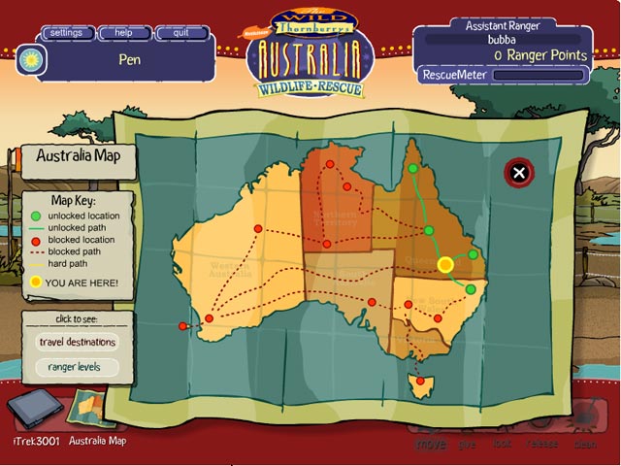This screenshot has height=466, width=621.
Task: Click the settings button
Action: point(66,32)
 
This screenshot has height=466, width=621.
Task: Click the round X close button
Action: point(519,173)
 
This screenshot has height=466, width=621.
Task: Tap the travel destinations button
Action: point(77,342)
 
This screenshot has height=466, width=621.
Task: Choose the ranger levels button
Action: point(77,367)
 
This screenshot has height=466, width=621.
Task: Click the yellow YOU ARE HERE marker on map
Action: point(445,264)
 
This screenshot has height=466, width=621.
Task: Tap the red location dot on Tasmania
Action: point(419,381)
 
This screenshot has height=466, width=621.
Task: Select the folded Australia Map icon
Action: point(94,408)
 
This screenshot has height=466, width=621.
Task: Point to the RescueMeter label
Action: point(445,74)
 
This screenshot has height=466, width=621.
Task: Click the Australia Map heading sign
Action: point(78,155)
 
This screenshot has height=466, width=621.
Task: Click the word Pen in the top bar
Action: point(130,58)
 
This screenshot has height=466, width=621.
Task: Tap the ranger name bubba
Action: point(501,40)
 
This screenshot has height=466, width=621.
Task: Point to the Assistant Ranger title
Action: point(501,25)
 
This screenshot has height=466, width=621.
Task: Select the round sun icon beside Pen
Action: point(28,60)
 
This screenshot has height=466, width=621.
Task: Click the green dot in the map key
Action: point(36,216)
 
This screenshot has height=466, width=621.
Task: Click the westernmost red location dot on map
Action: point(182,326)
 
